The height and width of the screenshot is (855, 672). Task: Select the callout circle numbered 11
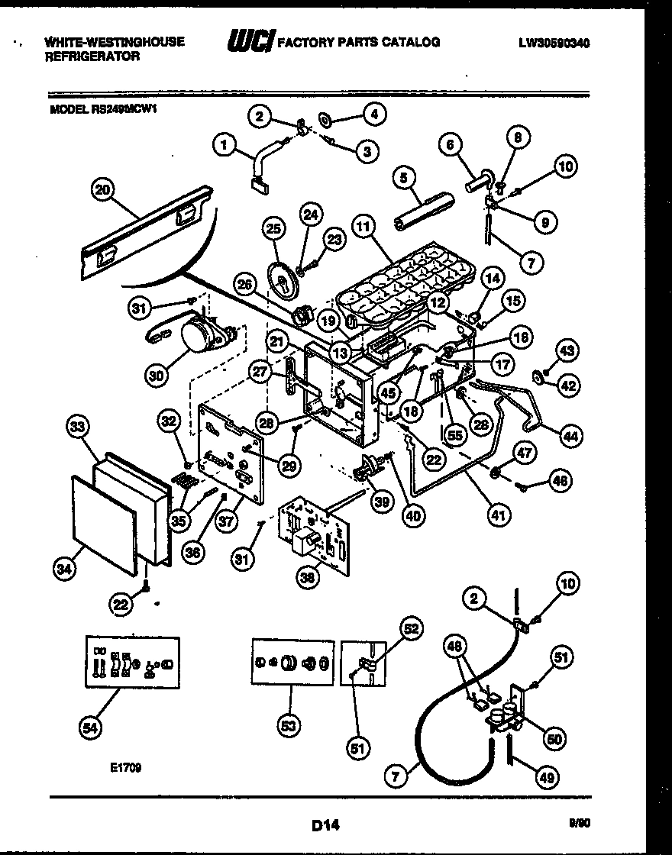(365, 227)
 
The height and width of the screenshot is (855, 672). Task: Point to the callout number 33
(76, 429)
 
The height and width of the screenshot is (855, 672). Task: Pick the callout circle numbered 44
(571, 435)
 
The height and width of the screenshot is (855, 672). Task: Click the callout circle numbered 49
(546, 778)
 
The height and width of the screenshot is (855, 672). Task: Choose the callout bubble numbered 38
(309, 578)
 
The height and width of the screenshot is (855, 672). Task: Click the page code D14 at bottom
(325, 825)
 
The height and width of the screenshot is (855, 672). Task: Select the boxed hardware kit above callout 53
(292, 663)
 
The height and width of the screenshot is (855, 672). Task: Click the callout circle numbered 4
(373, 115)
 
